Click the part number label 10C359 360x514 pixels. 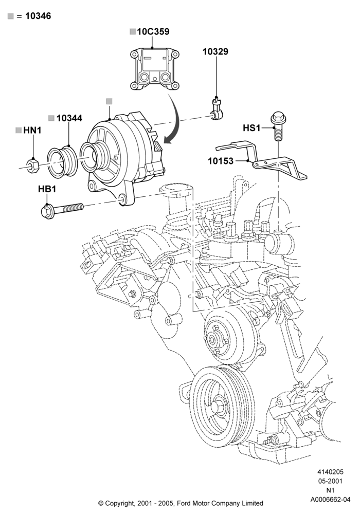pyautogui.click(x=153, y=32)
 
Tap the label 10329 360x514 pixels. pyautogui.click(x=215, y=51)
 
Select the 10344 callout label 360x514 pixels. pyautogui.click(x=69, y=118)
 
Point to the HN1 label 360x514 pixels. pyautogui.click(x=32, y=131)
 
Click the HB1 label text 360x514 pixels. pyautogui.click(x=47, y=189)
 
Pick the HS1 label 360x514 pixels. pyautogui.click(x=251, y=128)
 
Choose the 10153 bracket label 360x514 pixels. pyautogui.click(x=221, y=161)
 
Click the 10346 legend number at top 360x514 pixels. pyautogui.click(x=38, y=16)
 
